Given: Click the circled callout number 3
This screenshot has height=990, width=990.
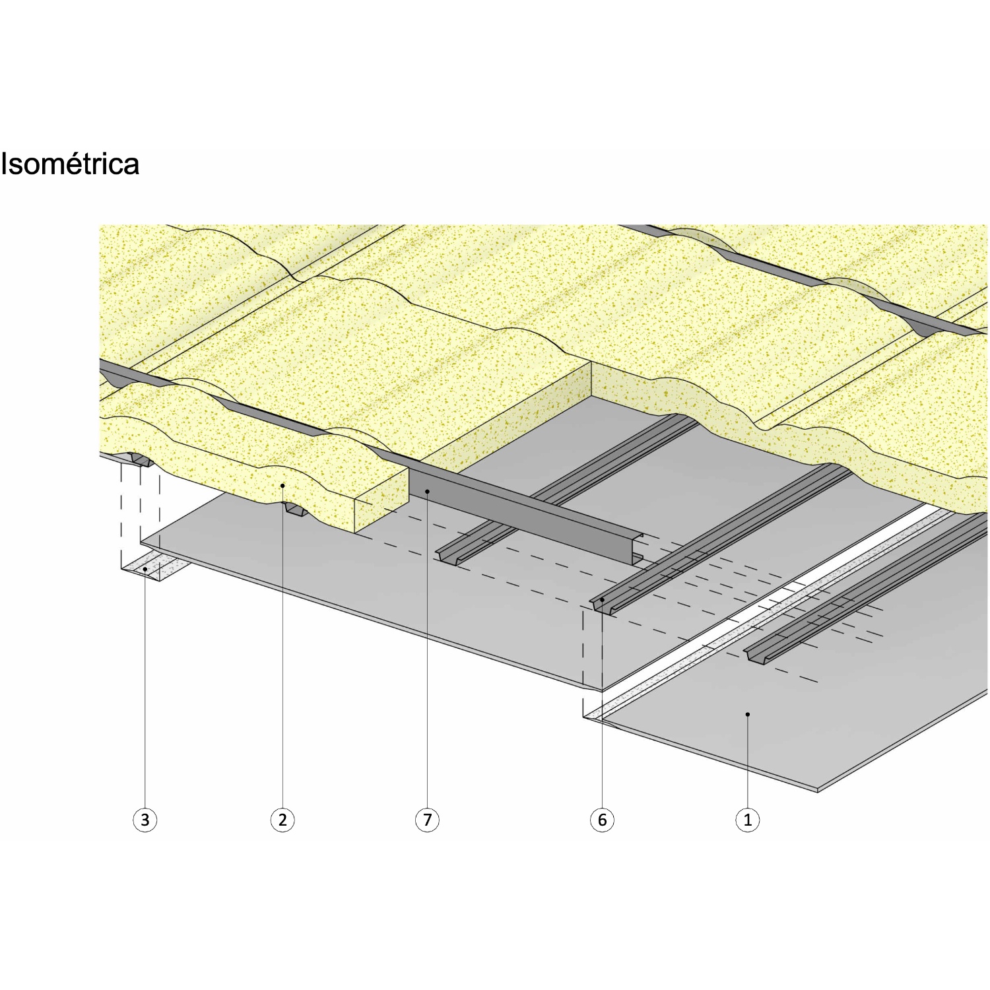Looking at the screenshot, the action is (x=145, y=820).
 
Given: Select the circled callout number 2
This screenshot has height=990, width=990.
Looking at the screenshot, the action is (x=282, y=820).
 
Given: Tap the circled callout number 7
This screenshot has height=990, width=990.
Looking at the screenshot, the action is (x=427, y=820).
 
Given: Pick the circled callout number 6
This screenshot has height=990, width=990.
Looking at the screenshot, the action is (x=602, y=820).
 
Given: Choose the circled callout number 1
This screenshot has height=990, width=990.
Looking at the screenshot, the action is (x=748, y=820).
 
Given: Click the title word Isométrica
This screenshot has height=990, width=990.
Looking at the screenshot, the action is (x=70, y=164).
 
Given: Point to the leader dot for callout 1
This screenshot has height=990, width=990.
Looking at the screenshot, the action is (x=748, y=713).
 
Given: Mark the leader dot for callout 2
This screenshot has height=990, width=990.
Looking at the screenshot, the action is (x=282, y=486).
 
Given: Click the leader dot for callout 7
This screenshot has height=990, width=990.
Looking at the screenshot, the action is (x=427, y=491).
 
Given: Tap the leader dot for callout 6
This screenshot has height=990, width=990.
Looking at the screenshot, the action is (x=602, y=600).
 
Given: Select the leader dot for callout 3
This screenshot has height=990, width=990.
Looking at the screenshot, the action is (x=145, y=568).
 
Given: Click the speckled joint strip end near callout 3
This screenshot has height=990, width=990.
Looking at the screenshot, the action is (x=152, y=568).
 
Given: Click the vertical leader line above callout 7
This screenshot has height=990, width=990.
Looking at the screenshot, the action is (x=427, y=649).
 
